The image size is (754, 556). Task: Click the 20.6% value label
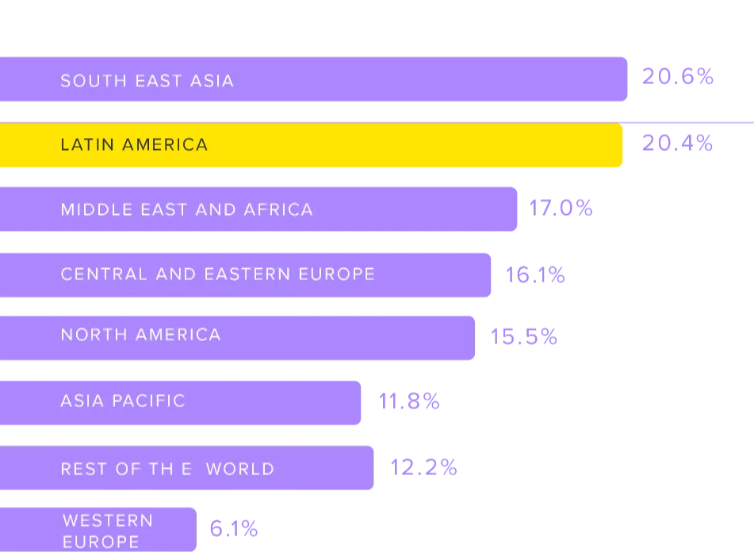coord(678,76)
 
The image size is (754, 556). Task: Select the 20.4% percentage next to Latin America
coord(678,143)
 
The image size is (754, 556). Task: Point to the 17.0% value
coord(561,209)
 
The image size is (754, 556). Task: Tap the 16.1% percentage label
coord(535,275)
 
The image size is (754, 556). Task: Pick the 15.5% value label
coord(523,336)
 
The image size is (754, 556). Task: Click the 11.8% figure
coord(409,401)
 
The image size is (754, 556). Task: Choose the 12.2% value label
coord(423,467)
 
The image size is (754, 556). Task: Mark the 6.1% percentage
coord(234,529)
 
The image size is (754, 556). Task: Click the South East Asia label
coord(147,81)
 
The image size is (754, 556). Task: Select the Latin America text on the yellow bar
coord(134,145)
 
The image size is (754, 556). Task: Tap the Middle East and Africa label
coord(187,209)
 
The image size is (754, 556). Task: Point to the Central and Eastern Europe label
coord(218,274)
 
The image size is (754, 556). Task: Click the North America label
coord(141,335)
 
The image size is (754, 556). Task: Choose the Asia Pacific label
coord(123,401)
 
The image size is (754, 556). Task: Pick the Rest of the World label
coord(167,469)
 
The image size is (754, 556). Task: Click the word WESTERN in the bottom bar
coord(108,520)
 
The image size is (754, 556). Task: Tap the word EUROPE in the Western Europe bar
coord(101,542)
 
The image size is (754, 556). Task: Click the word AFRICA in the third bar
coord(278,209)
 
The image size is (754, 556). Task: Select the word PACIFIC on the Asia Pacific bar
coord(148,401)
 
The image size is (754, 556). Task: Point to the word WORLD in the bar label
coord(240,469)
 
